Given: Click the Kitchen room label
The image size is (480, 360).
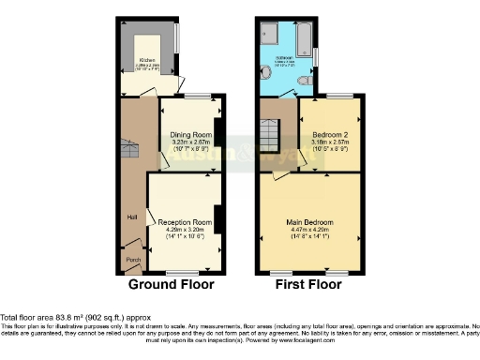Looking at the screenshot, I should [x=146, y=58].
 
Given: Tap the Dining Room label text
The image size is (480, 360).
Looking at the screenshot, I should [x=190, y=135].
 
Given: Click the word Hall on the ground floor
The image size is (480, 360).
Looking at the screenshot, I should [x=132, y=217].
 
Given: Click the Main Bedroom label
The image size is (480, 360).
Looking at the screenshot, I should [x=310, y=222].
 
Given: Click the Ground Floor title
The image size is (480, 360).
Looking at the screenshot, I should [x=171, y=284].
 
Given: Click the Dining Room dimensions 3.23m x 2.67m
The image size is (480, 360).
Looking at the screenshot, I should [x=190, y=142].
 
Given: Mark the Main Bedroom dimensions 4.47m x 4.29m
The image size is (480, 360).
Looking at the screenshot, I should [x=310, y=229].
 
